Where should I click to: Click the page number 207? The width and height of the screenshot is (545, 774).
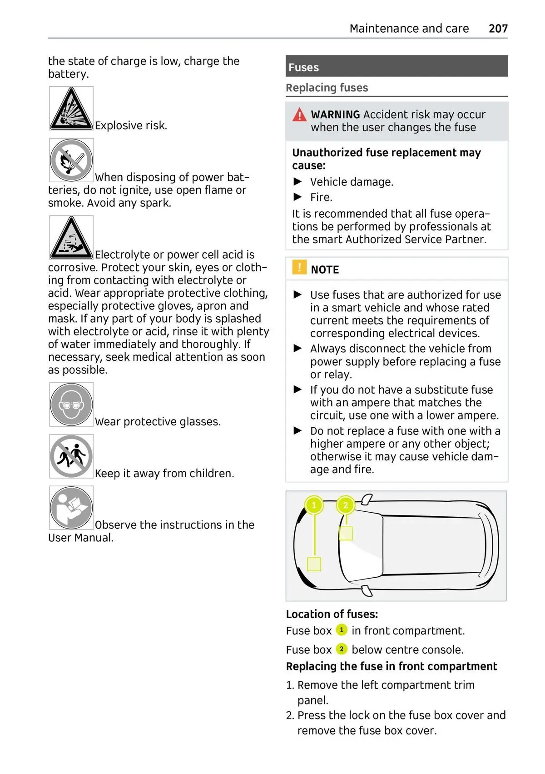pos(498,29)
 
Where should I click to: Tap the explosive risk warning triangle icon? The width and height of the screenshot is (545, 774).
pos(71,109)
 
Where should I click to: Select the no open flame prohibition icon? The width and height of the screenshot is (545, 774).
pos(71,160)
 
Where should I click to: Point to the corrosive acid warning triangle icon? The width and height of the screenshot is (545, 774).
pos(71,238)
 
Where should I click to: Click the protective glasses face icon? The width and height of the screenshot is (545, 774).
pos(71,404)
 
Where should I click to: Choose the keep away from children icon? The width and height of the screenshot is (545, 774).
pos(71,456)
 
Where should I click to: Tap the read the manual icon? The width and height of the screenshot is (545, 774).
pos(71,508)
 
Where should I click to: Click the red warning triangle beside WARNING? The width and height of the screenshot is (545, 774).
pos(299,115)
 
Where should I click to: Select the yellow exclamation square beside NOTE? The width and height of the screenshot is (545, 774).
pos(299,267)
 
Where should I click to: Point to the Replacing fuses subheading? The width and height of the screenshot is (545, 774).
pos(327,88)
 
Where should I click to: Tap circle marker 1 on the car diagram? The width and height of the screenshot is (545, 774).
pos(314,505)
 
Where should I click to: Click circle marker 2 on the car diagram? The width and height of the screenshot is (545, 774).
pos(346,505)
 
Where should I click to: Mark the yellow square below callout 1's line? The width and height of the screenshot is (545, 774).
pos(314,564)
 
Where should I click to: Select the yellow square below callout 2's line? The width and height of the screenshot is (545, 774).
pos(346,533)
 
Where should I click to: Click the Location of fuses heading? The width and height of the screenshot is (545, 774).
pos(332,614)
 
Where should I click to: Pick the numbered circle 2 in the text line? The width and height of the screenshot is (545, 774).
pos(342,649)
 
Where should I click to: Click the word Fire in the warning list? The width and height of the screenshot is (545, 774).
pos(321,197)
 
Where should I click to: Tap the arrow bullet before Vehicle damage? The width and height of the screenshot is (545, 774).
pos(298,182)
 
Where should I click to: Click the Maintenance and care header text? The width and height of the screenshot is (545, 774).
pos(409,29)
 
